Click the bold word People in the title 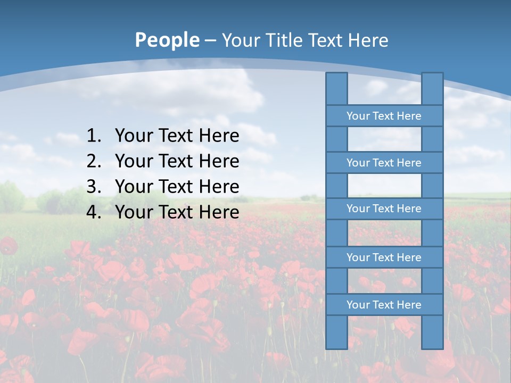tap(167, 40)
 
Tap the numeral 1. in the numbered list tap(93, 136)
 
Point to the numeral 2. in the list tap(93, 161)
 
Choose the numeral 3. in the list tap(93, 187)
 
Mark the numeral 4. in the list tap(93, 212)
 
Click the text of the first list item tap(177, 136)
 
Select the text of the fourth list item tap(177, 212)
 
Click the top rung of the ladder tap(384, 116)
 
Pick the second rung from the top tap(384, 163)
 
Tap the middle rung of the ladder tap(384, 209)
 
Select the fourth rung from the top tap(384, 257)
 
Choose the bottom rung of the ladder tap(384, 305)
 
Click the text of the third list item tap(177, 187)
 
